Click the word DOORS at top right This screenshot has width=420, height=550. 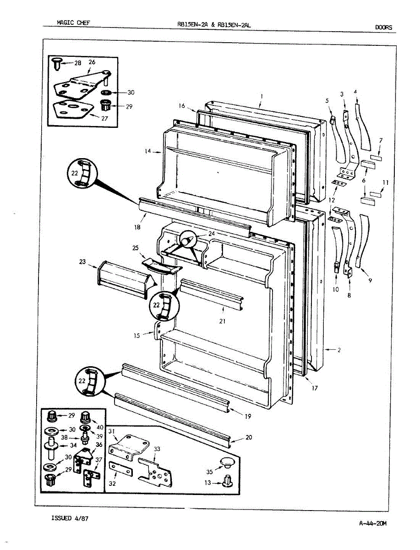click(x=383, y=27)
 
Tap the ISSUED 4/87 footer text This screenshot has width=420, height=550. click(x=70, y=518)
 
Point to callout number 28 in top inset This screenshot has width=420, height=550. click(x=77, y=63)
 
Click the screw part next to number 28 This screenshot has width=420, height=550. click(x=57, y=63)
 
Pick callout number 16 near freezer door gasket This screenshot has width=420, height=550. click(x=182, y=106)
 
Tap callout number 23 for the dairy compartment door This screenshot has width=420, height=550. click(x=82, y=262)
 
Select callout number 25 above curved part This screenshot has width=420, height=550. click(x=135, y=248)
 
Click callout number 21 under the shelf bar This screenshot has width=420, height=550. click(x=222, y=321)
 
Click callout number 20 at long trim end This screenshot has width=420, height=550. click(x=249, y=437)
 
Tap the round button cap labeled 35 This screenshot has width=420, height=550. click(x=226, y=461)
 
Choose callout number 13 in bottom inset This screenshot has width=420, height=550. click(x=207, y=482)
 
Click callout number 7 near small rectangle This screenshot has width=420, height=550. click(x=381, y=140)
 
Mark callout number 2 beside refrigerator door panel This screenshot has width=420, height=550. click(x=338, y=351)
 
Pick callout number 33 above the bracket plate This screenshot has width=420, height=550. click(x=157, y=449)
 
